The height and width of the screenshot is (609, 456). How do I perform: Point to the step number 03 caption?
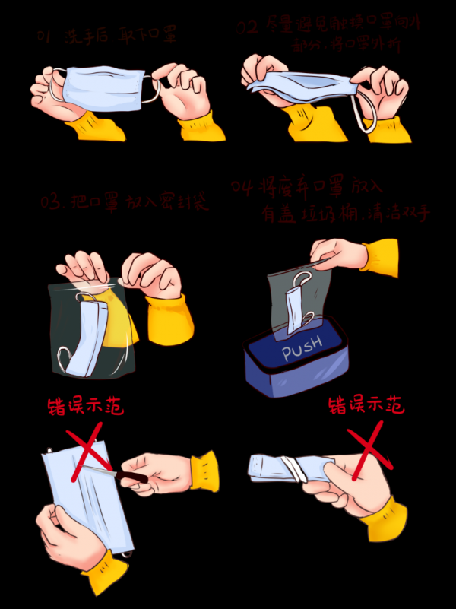pos(51,203)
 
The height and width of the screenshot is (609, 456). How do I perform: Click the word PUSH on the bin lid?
pos(302,350)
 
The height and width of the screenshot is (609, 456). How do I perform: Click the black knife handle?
pos(130,477)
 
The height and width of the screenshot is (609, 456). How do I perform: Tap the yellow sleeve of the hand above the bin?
pos(380,256)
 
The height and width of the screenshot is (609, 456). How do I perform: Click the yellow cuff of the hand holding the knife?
pos(203,469)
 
